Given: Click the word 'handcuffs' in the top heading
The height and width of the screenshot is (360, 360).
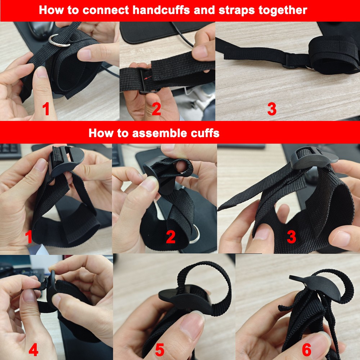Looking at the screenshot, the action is pyautogui.click(x=161, y=10).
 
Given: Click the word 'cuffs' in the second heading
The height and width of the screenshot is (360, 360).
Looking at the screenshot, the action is pyautogui.click(x=205, y=133).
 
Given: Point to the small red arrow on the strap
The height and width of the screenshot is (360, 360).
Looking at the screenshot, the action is pyautogui.click(x=148, y=77).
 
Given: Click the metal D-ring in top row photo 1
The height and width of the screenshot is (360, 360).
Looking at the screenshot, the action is pyautogui.click(x=59, y=41).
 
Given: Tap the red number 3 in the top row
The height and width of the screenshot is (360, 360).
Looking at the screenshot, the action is pyautogui.click(x=272, y=109).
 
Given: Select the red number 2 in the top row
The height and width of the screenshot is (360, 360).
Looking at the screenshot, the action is pyautogui.click(x=156, y=109).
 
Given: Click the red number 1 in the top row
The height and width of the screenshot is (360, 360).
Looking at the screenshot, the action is pyautogui.click(x=46, y=109).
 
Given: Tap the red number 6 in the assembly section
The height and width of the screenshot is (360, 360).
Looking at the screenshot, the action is pyautogui.click(x=306, y=350).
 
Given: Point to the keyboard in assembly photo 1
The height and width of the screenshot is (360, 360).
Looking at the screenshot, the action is pyautogui.click(x=10, y=151).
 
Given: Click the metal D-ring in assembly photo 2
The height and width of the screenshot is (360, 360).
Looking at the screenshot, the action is pyautogui.click(x=195, y=234).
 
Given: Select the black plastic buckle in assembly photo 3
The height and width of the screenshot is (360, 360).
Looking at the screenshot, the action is pyautogui.click(x=314, y=158).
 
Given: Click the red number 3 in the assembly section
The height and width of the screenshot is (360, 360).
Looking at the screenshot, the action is pyautogui.click(x=291, y=237).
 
